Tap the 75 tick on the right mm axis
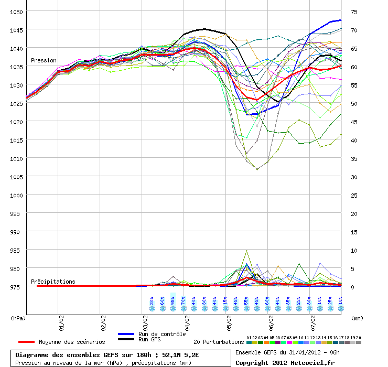354,12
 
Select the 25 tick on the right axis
354,196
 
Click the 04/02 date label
187,318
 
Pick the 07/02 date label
313,318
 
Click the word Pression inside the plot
44,61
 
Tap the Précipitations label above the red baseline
53,282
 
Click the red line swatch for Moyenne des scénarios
26,342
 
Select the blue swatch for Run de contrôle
126,334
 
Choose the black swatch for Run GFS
126,340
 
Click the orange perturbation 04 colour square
266,342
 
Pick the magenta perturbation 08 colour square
289,342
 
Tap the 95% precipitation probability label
173,301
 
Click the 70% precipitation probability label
183,301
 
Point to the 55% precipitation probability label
246,301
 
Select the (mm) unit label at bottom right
357,318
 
